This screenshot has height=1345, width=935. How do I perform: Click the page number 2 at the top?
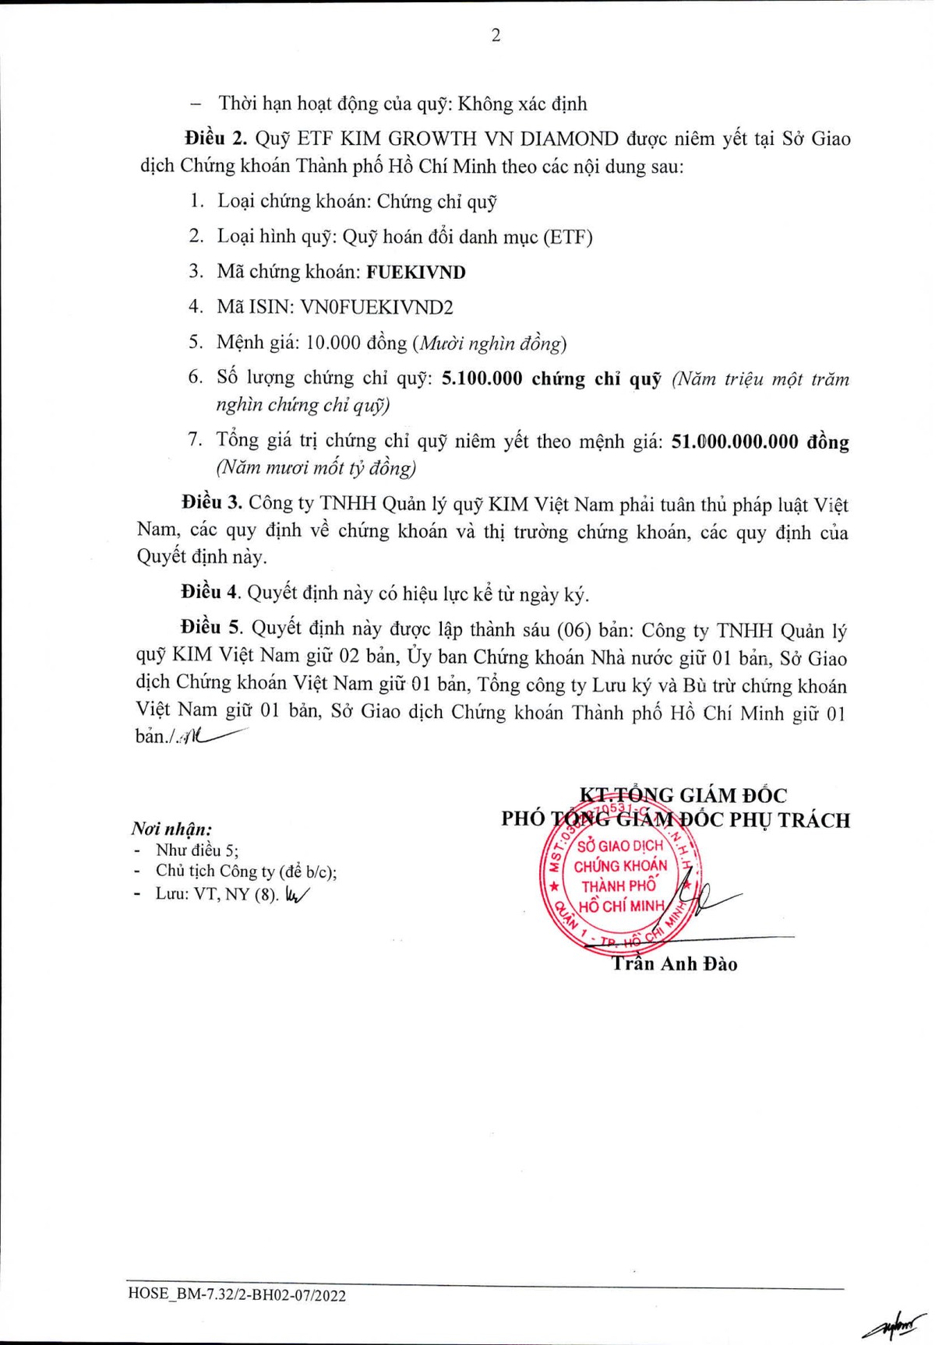coord(496,35)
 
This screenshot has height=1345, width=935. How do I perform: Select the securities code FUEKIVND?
coord(416,272)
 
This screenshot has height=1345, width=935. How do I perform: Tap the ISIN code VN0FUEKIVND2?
coord(376,307)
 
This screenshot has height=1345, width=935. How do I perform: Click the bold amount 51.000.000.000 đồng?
coord(760,442)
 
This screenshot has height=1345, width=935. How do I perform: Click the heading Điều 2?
coord(215,139)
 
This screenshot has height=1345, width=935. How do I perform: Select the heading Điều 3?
coord(212,502)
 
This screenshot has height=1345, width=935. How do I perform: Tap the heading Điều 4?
coord(210,593)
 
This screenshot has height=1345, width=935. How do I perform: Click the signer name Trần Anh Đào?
coord(675,964)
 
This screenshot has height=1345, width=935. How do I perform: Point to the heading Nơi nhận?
coord(171,829)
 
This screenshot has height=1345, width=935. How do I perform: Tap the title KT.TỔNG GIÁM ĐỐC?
coord(683,795)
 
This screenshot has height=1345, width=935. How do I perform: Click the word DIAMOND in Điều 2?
coord(569,139)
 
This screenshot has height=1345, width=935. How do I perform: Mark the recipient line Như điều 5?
coord(197,850)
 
